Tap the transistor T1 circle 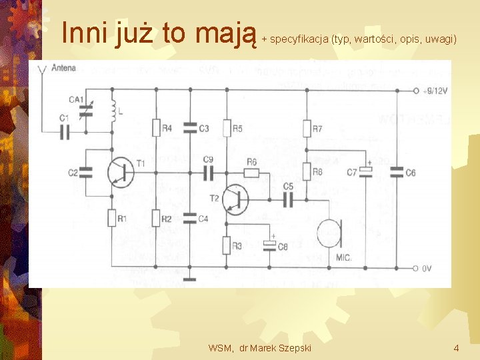pos(120,173)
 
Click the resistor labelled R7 pos(307,127)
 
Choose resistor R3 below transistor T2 pos(227,246)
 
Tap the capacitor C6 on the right pos(397,173)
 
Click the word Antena pos(63,67)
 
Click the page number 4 pos(456,348)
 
